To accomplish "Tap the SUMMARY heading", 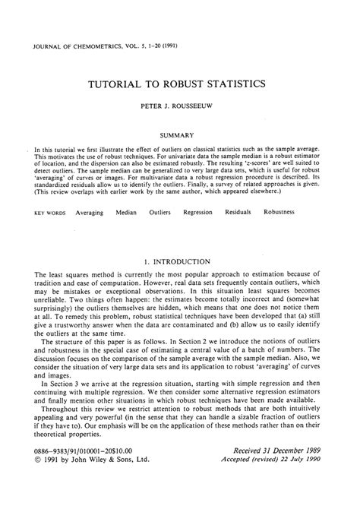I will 180,134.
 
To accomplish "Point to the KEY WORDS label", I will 49,213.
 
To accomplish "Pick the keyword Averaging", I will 89,213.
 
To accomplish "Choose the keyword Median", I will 126,213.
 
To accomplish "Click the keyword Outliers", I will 160,213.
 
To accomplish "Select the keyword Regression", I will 198,213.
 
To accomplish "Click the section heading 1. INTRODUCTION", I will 180,262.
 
